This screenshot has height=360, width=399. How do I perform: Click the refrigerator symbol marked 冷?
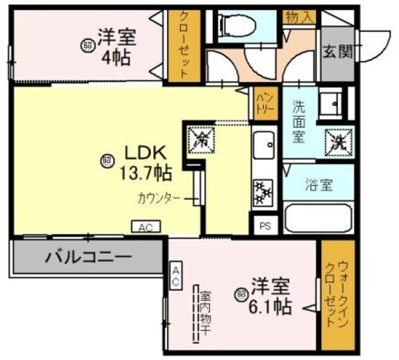point(199,138)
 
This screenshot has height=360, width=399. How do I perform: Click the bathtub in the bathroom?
point(317,217)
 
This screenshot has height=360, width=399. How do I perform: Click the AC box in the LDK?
point(146,227)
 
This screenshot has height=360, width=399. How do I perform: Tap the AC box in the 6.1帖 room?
point(177,276)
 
